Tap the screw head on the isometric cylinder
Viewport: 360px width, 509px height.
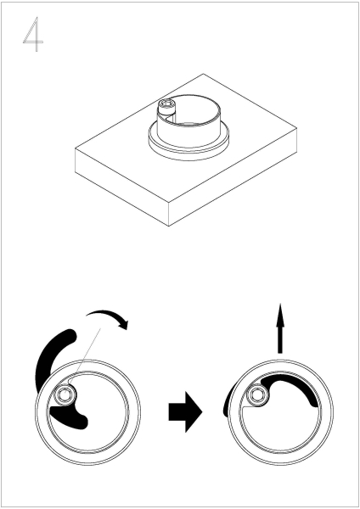click(166, 105)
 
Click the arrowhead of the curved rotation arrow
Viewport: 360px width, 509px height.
click(124, 324)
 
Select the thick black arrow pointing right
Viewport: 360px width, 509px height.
click(186, 411)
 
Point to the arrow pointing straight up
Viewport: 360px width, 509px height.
click(280, 327)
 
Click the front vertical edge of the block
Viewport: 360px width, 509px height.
click(169, 214)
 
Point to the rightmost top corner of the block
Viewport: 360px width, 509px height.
click(296, 128)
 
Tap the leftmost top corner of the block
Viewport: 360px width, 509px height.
click(75, 148)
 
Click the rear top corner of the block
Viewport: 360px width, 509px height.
click(204, 74)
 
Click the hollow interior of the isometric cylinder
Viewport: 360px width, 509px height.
click(194, 110)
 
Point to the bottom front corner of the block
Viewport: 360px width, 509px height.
click(169, 226)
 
